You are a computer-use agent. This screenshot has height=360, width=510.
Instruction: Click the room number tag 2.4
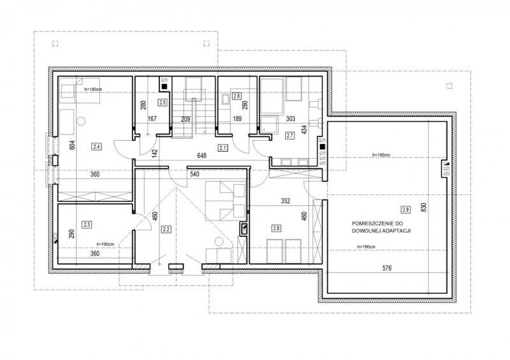click(97, 147)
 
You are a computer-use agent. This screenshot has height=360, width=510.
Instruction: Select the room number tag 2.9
click(405, 210)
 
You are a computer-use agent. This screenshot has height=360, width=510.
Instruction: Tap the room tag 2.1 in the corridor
click(222, 148)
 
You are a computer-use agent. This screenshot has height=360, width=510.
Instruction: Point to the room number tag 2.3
click(87, 224)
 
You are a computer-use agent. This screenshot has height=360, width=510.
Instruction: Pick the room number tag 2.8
click(277, 228)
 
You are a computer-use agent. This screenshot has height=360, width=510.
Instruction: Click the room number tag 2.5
click(163, 103)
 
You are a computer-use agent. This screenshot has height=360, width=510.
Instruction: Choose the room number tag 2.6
click(237, 96)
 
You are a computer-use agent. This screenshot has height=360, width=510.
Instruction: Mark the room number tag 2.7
click(289, 136)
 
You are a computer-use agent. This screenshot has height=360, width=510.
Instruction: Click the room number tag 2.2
click(166, 229)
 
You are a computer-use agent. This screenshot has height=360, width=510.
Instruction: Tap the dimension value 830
click(423, 208)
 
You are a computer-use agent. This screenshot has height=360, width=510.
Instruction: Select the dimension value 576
click(387, 268)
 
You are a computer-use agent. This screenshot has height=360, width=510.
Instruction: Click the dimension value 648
click(201, 155)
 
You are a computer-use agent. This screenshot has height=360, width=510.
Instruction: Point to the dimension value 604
click(72, 145)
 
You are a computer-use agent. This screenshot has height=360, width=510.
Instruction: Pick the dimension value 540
click(194, 175)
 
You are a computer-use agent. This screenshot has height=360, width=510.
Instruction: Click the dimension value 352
click(285, 201)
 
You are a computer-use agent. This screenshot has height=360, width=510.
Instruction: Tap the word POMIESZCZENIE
click(374, 224)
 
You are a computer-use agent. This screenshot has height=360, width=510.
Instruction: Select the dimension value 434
click(305, 130)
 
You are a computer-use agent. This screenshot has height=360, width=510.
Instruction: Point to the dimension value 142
click(154, 154)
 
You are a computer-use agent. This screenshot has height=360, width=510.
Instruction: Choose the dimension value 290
click(72, 234)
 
